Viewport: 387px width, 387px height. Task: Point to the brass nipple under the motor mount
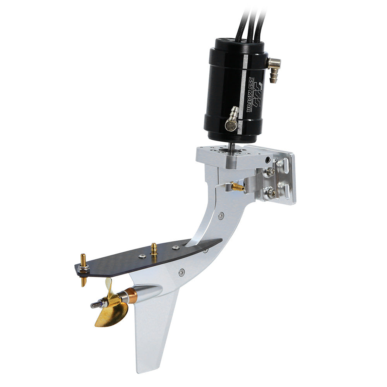click(237, 187)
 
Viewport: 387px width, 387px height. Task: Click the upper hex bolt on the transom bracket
click(270, 171)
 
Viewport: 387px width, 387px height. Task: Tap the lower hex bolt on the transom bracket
click(270, 192)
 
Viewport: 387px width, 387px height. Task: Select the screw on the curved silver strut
click(221, 216)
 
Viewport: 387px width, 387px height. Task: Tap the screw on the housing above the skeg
click(182, 273)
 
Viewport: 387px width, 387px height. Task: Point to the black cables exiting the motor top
click(252, 19)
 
